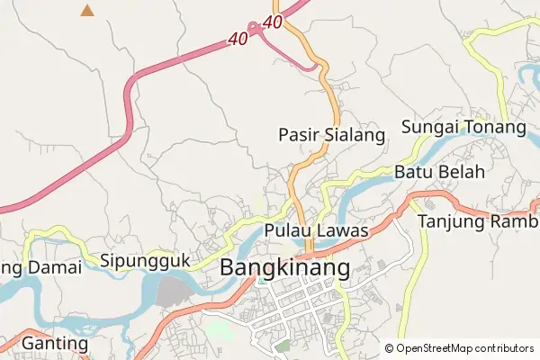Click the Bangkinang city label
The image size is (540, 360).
point(284,268)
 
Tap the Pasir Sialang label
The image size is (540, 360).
point(331,136)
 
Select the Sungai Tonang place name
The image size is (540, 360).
point(463,127)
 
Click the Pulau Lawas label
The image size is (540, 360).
point(317,231)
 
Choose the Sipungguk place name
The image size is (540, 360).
point(145,261)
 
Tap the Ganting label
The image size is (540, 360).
point(55,344)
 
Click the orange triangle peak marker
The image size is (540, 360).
point(87,11)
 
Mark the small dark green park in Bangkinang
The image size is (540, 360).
point(283,344)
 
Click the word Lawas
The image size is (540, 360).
point(342,231)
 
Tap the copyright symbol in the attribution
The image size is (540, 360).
point(390,348)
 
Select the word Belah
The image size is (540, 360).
point(462,172)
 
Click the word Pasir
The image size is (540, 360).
point(297,136)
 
